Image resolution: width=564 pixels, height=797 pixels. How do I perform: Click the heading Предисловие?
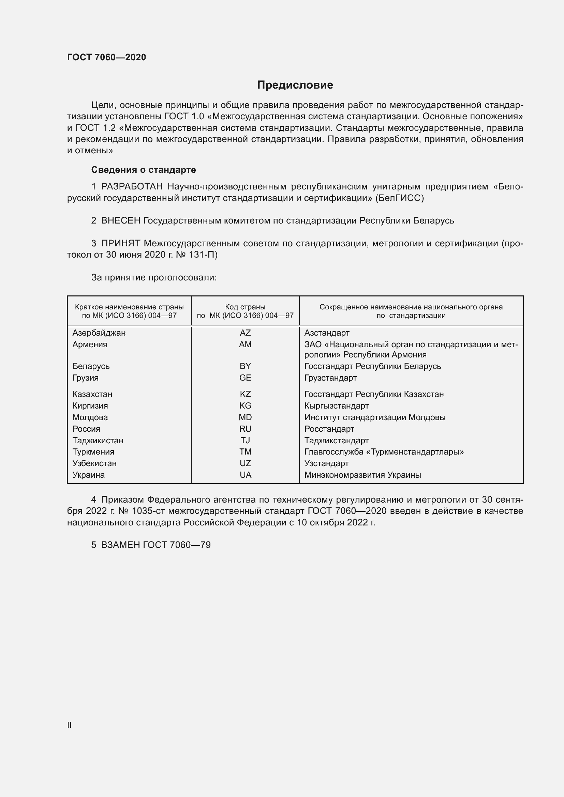tap(295, 85)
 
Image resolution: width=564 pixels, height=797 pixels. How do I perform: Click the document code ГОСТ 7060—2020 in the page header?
tap(106, 57)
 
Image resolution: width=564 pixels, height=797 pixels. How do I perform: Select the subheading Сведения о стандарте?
tap(143, 170)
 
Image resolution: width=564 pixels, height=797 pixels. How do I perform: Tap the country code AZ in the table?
tap(245, 333)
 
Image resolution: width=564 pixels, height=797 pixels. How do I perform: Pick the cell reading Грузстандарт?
tap(330, 378)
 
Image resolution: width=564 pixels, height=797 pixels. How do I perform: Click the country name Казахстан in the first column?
tap(92, 394)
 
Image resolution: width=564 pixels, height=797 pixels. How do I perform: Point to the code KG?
tap(245, 405)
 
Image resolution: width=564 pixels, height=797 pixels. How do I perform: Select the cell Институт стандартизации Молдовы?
tap(375, 417)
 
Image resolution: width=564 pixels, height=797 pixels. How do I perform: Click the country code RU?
tap(245, 429)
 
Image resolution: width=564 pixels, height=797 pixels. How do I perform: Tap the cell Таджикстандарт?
tap(336, 441)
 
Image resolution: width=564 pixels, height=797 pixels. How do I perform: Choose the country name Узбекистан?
tap(94, 463)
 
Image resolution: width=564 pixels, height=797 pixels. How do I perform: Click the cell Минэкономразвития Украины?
tap(362, 475)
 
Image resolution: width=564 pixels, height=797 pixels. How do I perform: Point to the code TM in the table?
tap(245, 451)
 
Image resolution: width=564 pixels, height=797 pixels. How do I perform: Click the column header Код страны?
tap(245, 307)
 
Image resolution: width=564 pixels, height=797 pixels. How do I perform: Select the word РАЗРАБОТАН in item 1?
tap(132, 187)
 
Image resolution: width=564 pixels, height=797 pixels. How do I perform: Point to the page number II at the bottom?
tap(70, 725)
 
